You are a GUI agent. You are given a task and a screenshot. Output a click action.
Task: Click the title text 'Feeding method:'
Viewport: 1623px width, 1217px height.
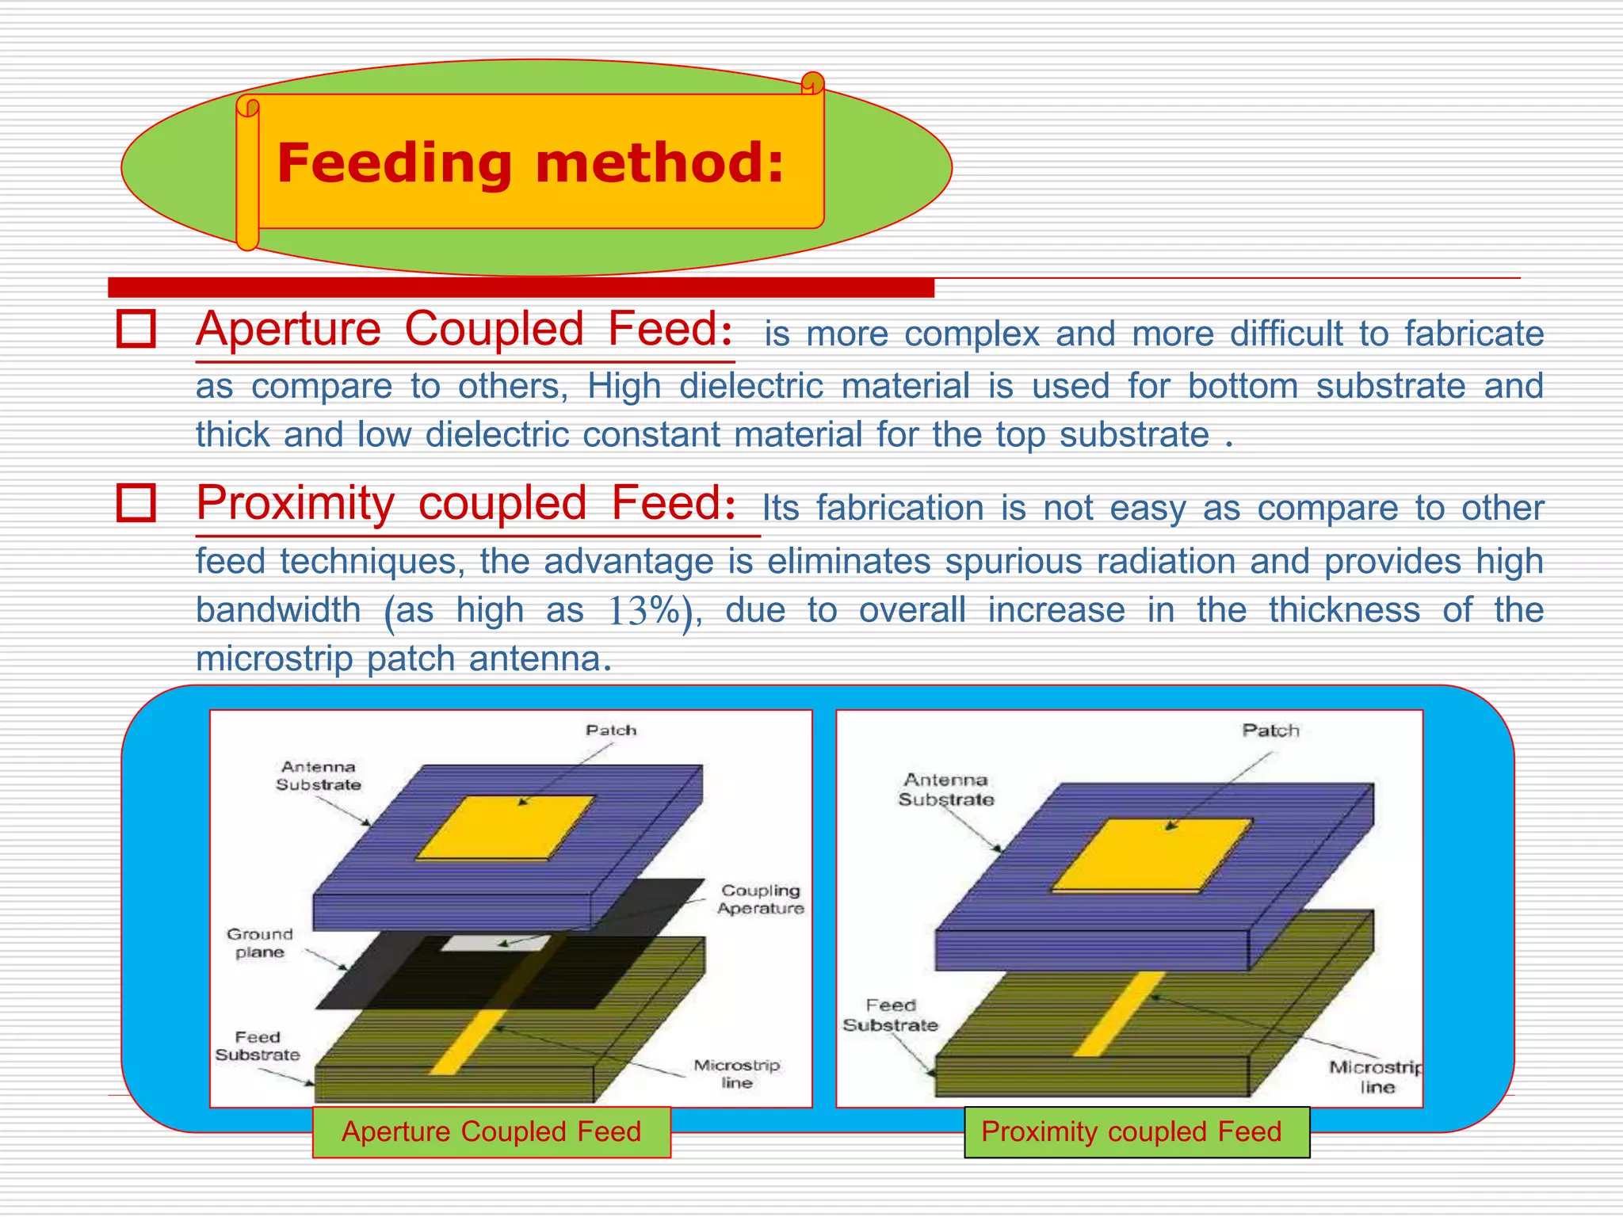click(529, 163)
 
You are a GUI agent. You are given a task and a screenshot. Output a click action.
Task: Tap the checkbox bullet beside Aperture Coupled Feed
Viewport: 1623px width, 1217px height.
click(136, 328)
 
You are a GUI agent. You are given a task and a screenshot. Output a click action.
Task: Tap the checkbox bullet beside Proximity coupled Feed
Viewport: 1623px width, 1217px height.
click(136, 502)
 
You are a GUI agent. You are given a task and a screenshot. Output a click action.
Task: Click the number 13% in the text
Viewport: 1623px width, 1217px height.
click(644, 611)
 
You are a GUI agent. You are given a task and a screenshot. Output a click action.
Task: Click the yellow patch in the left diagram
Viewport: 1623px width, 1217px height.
click(506, 827)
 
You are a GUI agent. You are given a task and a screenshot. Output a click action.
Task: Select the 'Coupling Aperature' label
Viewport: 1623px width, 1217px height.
click(760, 899)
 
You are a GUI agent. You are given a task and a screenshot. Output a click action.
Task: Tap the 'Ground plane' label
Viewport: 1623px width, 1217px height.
click(260, 943)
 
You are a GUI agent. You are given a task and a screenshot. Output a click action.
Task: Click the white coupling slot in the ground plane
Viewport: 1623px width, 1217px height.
click(495, 943)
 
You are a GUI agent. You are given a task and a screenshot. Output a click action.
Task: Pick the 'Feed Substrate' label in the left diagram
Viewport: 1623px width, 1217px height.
click(258, 1046)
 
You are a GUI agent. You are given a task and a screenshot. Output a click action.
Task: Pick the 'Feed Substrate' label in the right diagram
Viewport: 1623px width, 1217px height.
click(890, 1015)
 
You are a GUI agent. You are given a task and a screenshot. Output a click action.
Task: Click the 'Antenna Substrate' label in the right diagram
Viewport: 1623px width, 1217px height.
click(945, 789)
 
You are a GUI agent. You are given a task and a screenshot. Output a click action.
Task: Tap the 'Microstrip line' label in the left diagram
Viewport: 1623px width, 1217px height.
click(737, 1074)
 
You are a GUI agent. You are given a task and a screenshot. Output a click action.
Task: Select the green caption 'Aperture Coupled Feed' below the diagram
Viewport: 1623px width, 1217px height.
click(491, 1131)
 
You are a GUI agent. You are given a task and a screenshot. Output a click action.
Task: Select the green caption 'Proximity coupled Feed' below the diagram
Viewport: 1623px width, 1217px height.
click(1132, 1131)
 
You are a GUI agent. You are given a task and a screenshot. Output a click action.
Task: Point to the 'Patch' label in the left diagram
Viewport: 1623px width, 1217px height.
click(611, 730)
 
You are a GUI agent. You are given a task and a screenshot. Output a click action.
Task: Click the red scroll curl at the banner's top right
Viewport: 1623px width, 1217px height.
click(812, 82)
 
